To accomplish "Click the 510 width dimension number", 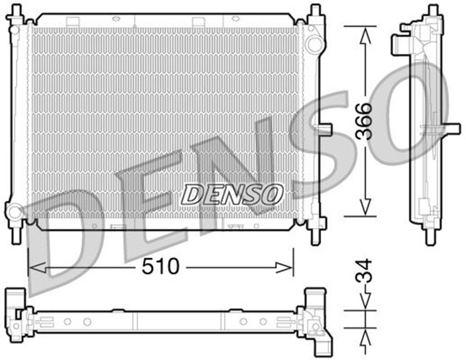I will pos(161,267).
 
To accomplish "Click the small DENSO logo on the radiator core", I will pos(232,194).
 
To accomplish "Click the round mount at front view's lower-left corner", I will pos(15,213).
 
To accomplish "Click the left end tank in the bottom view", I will pos(17,315).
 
